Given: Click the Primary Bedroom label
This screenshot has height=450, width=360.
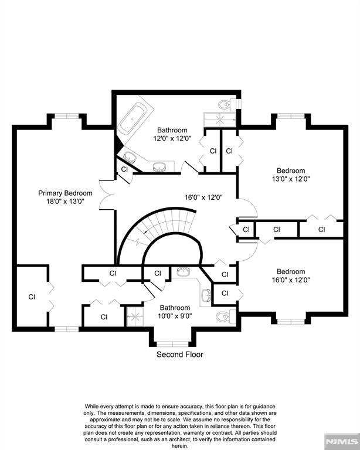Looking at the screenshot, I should [x=65, y=193].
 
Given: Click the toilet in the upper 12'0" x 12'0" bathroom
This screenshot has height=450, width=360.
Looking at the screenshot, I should [x=225, y=105].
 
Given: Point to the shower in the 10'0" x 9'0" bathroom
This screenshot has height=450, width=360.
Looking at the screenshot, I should [x=134, y=317].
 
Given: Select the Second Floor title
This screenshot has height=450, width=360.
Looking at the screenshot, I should [x=179, y=354].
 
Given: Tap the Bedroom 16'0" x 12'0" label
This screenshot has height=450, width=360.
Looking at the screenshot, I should [x=291, y=275].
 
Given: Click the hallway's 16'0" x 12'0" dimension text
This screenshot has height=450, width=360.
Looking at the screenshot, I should [x=203, y=197].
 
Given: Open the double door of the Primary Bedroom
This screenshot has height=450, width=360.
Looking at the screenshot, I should [x=106, y=194].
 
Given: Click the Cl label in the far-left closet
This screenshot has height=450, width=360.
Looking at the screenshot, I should [x=32, y=297].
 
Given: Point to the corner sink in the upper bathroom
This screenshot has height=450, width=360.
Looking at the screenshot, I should [x=130, y=156].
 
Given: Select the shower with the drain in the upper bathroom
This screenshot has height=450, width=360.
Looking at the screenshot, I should [x=218, y=118].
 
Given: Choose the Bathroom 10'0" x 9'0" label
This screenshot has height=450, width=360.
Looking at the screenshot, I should [x=175, y=312].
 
